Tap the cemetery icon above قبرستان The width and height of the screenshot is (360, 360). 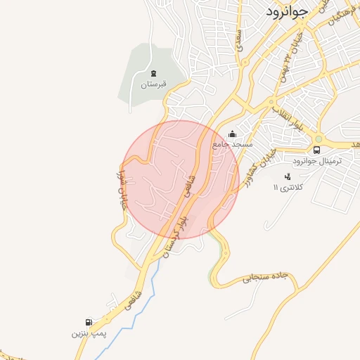pyautogui.click(x=154, y=73)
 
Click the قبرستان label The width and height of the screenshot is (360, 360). pyautogui.click(x=155, y=84)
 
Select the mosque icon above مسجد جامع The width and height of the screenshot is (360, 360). pyautogui.click(x=233, y=134)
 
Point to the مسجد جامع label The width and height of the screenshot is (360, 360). pyautogui.click(x=233, y=144)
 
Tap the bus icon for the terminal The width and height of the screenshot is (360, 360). pyautogui.click(x=316, y=150)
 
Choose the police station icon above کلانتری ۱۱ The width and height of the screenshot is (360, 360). pyautogui.click(x=287, y=176)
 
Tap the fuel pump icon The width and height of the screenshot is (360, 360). pyautogui.click(x=89, y=321)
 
